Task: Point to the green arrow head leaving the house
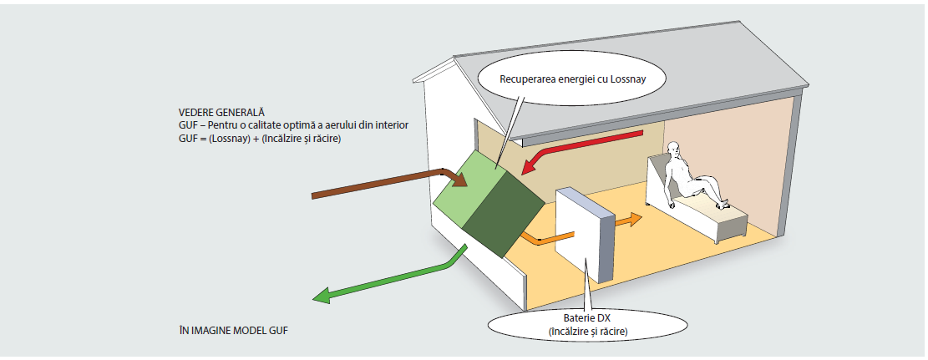(322, 295)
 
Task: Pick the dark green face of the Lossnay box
(504, 217)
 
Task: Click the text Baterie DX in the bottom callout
(588, 319)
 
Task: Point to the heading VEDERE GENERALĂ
(221, 112)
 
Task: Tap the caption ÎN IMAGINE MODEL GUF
(232, 330)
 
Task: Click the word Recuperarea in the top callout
(524, 79)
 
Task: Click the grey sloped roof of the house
(627, 89)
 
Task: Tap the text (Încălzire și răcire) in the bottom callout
(588, 331)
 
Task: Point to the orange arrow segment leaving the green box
(537, 239)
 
